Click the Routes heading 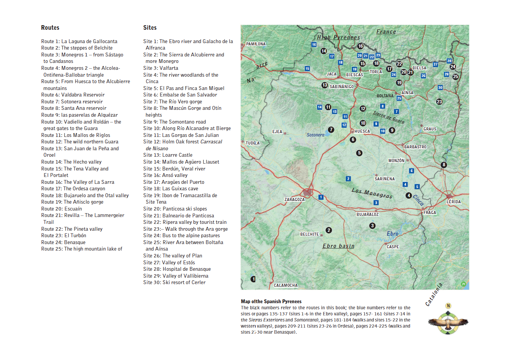click(x=50, y=27)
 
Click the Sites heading click(x=150, y=27)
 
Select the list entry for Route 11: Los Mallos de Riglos click(x=76, y=135)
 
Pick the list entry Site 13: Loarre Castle click(x=168, y=155)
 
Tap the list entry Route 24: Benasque click(x=63, y=242)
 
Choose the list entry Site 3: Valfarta click(x=161, y=68)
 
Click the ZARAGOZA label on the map click(x=294, y=199)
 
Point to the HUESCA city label click(x=362, y=131)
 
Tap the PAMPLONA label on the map click(x=256, y=44)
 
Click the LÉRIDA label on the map click(x=453, y=202)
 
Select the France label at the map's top click(x=386, y=32)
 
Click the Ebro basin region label click(x=338, y=246)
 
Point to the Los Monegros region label click(x=372, y=193)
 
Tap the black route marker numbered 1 click(x=253, y=279)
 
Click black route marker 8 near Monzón click(x=443, y=165)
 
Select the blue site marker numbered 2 click(x=348, y=178)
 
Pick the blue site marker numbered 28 click(x=449, y=61)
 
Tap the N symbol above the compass click(x=448, y=306)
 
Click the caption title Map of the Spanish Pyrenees click(x=271, y=301)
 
